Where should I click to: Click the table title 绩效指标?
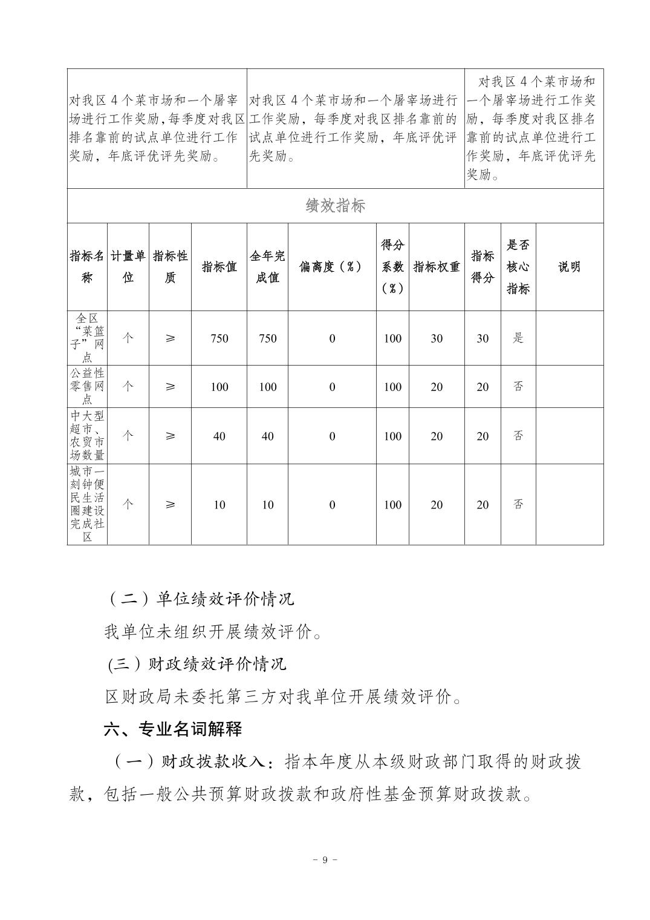[x=335, y=206]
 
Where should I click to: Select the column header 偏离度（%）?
[x=331, y=267]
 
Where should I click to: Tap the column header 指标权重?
[x=437, y=267]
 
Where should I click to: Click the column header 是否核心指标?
[x=518, y=267]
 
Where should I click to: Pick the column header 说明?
[x=569, y=267]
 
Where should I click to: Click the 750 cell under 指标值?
[x=219, y=338]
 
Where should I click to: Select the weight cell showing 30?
[x=437, y=338]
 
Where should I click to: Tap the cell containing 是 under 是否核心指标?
[x=518, y=338]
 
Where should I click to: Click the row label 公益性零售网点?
[x=87, y=386]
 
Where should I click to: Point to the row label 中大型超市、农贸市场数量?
[x=87, y=436]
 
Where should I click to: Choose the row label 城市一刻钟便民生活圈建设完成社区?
[x=87, y=504]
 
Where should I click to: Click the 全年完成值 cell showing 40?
[x=267, y=436]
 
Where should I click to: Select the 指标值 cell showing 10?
[x=219, y=505]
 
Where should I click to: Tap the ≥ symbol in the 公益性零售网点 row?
[x=170, y=386]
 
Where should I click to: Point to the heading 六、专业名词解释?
[x=173, y=729]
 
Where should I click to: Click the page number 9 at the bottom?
[x=325, y=860]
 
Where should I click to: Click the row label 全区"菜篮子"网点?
[x=87, y=338]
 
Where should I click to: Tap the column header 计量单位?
[x=128, y=267]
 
